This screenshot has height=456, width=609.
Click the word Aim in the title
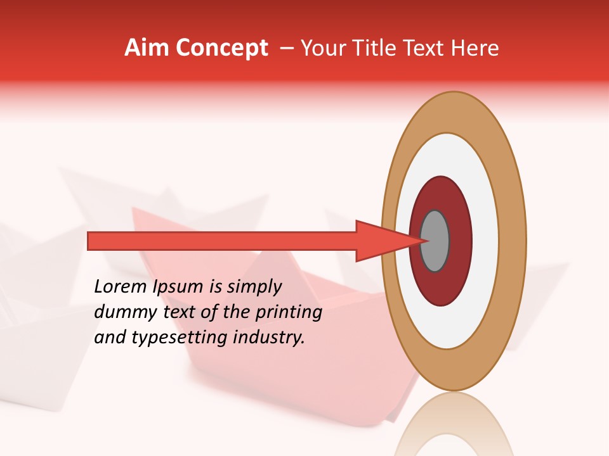(x=147, y=48)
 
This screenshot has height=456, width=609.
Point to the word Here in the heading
(x=474, y=48)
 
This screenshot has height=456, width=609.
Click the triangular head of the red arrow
(x=381, y=241)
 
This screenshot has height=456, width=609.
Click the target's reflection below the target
(x=454, y=427)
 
